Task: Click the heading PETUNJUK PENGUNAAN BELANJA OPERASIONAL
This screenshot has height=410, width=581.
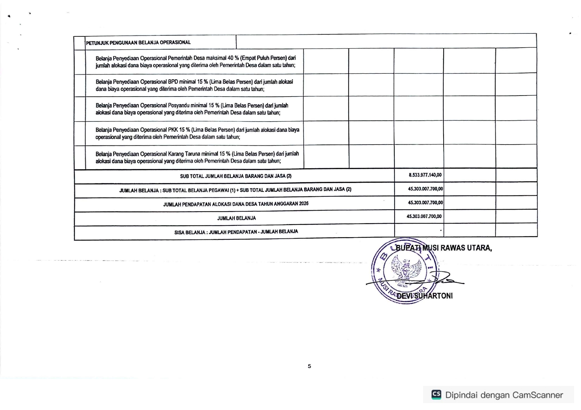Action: click(x=138, y=43)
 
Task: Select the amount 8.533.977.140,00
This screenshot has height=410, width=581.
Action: click(x=425, y=175)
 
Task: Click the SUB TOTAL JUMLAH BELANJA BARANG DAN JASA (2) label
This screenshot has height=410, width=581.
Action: click(x=236, y=176)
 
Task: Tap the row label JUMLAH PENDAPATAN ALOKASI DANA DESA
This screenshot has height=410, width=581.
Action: click(x=236, y=204)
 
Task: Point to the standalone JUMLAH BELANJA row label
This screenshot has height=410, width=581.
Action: click(x=236, y=218)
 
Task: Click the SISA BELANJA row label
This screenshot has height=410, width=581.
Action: click(x=236, y=232)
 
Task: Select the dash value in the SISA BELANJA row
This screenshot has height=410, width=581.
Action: click(x=441, y=230)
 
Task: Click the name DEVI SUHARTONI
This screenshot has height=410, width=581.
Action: click(x=424, y=296)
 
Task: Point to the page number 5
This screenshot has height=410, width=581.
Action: click(x=309, y=366)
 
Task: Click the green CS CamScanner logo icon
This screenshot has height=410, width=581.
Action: click(x=436, y=394)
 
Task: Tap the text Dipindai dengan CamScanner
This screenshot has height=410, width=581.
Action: click(x=504, y=395)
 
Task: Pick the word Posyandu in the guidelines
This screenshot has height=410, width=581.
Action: click(x=179, y=105)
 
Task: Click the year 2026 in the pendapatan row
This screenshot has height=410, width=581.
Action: click(x=304, y=204)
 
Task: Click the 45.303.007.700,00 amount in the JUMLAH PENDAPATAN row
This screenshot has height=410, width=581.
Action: click(x=425, y=203)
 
